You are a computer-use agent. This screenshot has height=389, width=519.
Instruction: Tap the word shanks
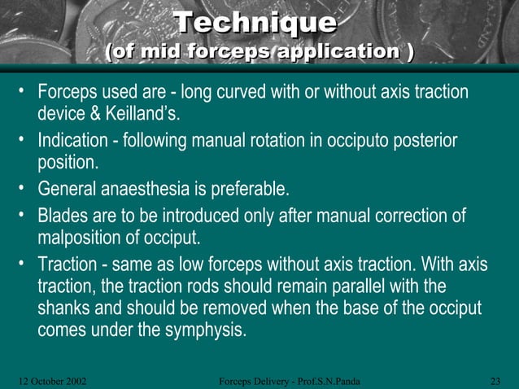pyautogui.click(x=66, y=309)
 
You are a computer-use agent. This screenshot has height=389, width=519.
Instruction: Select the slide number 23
pyautogui.click(x=497, y=380)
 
